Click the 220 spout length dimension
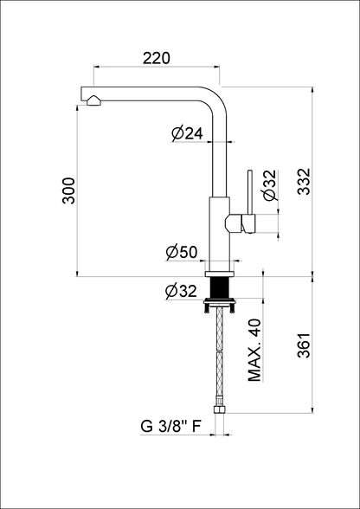(x=157, y=59)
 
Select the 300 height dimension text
(x=69, y=190)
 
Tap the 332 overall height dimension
(x=304, y=181)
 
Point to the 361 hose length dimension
(x=304, y=345)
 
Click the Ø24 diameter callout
(x=187, y=133)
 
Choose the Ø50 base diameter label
(x=182, y=252)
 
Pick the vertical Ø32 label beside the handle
(x=270, y=185)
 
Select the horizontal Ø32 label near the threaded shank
(x=181, y=291)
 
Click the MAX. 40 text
(x=254, y=350)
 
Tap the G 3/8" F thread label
(x=170, y=427)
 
